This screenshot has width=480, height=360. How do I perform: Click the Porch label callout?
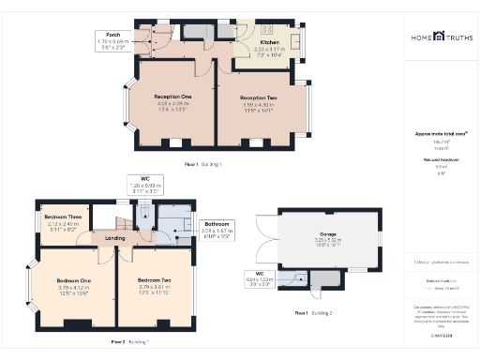pyautogui.click(x=112, y=38)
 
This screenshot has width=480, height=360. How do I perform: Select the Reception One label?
pyautogui.click(x=173, y=97)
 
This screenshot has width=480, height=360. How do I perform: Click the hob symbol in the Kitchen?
pyautogui.click(x=265, y=28)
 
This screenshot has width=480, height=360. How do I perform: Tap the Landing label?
pyautogui.click(x=114, y=237)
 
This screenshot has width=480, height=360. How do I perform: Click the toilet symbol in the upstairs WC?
pyautogui.click(x=142, y=214)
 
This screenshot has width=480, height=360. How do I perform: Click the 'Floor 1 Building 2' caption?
pyautogui.click(x=313, y=312)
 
